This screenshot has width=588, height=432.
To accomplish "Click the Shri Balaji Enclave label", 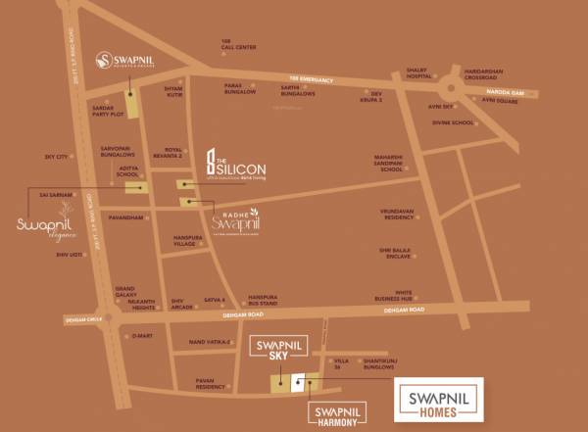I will coord(404,254).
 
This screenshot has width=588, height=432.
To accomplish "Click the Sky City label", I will coord(56,157).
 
